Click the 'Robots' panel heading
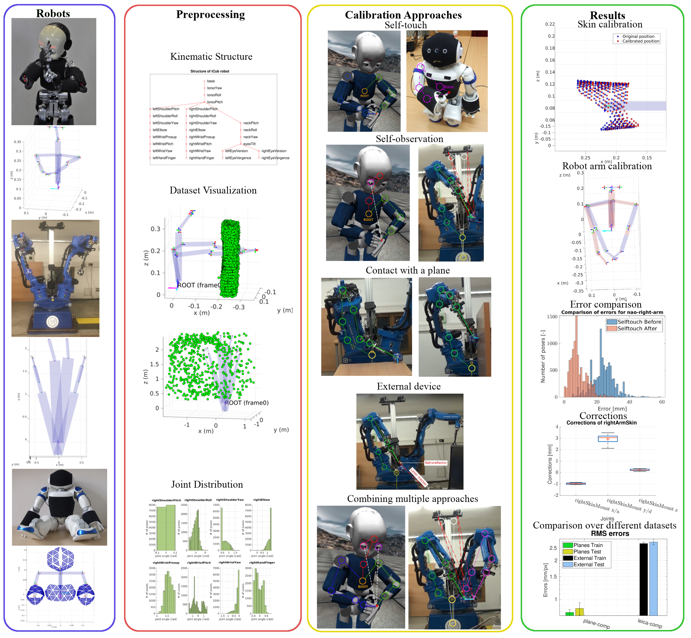pos(53,13)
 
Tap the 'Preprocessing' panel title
pos(210,15)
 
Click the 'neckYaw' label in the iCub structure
pos(250,137)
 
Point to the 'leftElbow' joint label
pos(160,130)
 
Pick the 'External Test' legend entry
pos(588,565)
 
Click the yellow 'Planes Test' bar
pos(579,611)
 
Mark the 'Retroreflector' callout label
pos(436,462)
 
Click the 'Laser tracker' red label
pos(419,477)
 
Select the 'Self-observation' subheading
pos(409,139)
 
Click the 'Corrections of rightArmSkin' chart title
pos(601,422)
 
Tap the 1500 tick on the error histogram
pos(552,317)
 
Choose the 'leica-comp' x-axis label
pos(649,623)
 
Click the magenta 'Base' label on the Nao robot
pos(449,87)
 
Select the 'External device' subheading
pos(409,386)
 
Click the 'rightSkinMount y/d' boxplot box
pos(608,439)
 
